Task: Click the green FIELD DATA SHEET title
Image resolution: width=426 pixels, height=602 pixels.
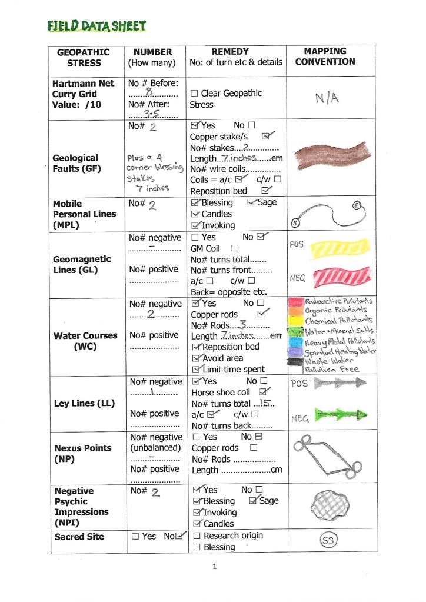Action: (x=97, y=26)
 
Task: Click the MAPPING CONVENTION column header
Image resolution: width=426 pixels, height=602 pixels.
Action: (x=325, y=56)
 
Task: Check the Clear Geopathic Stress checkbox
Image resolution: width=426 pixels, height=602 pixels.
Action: (x=194, y=94)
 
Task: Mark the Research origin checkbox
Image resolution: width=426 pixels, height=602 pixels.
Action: (x=197, y=536)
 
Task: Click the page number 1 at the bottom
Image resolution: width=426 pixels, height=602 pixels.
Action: (x=215, y=567)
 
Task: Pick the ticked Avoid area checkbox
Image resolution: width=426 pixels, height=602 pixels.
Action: (x=197, y=358)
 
